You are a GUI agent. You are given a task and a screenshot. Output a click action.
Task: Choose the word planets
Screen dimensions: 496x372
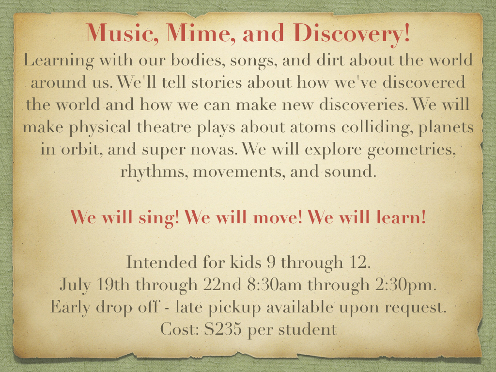(x=446, y=128)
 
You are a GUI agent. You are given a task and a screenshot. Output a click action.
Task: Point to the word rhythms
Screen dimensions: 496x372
(x=154, y=172)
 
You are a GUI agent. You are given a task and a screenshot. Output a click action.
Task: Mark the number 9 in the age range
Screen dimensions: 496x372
(x=271, y=262)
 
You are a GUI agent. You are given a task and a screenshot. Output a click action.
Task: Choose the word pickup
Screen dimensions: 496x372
(x=235, y=308)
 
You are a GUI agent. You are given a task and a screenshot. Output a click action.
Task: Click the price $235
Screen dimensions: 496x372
(x=223, y=329)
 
